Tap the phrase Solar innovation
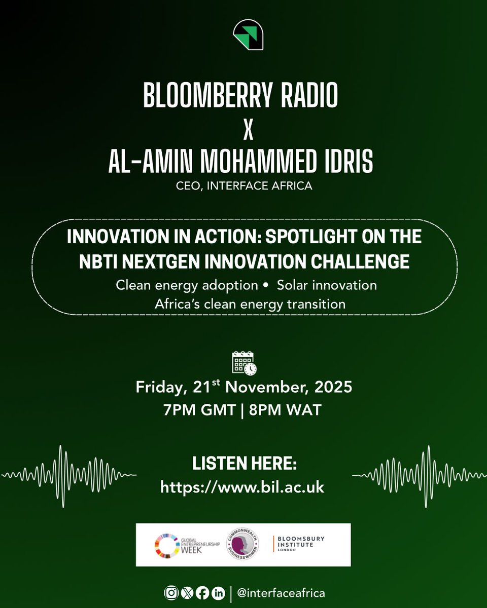tap(327, 285)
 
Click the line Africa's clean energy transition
tap(244, 304)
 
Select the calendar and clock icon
tap(244, 363)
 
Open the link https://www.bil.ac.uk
tap(242, 487)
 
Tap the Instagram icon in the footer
tap(170, 593)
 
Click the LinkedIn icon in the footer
tap(219, 593)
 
